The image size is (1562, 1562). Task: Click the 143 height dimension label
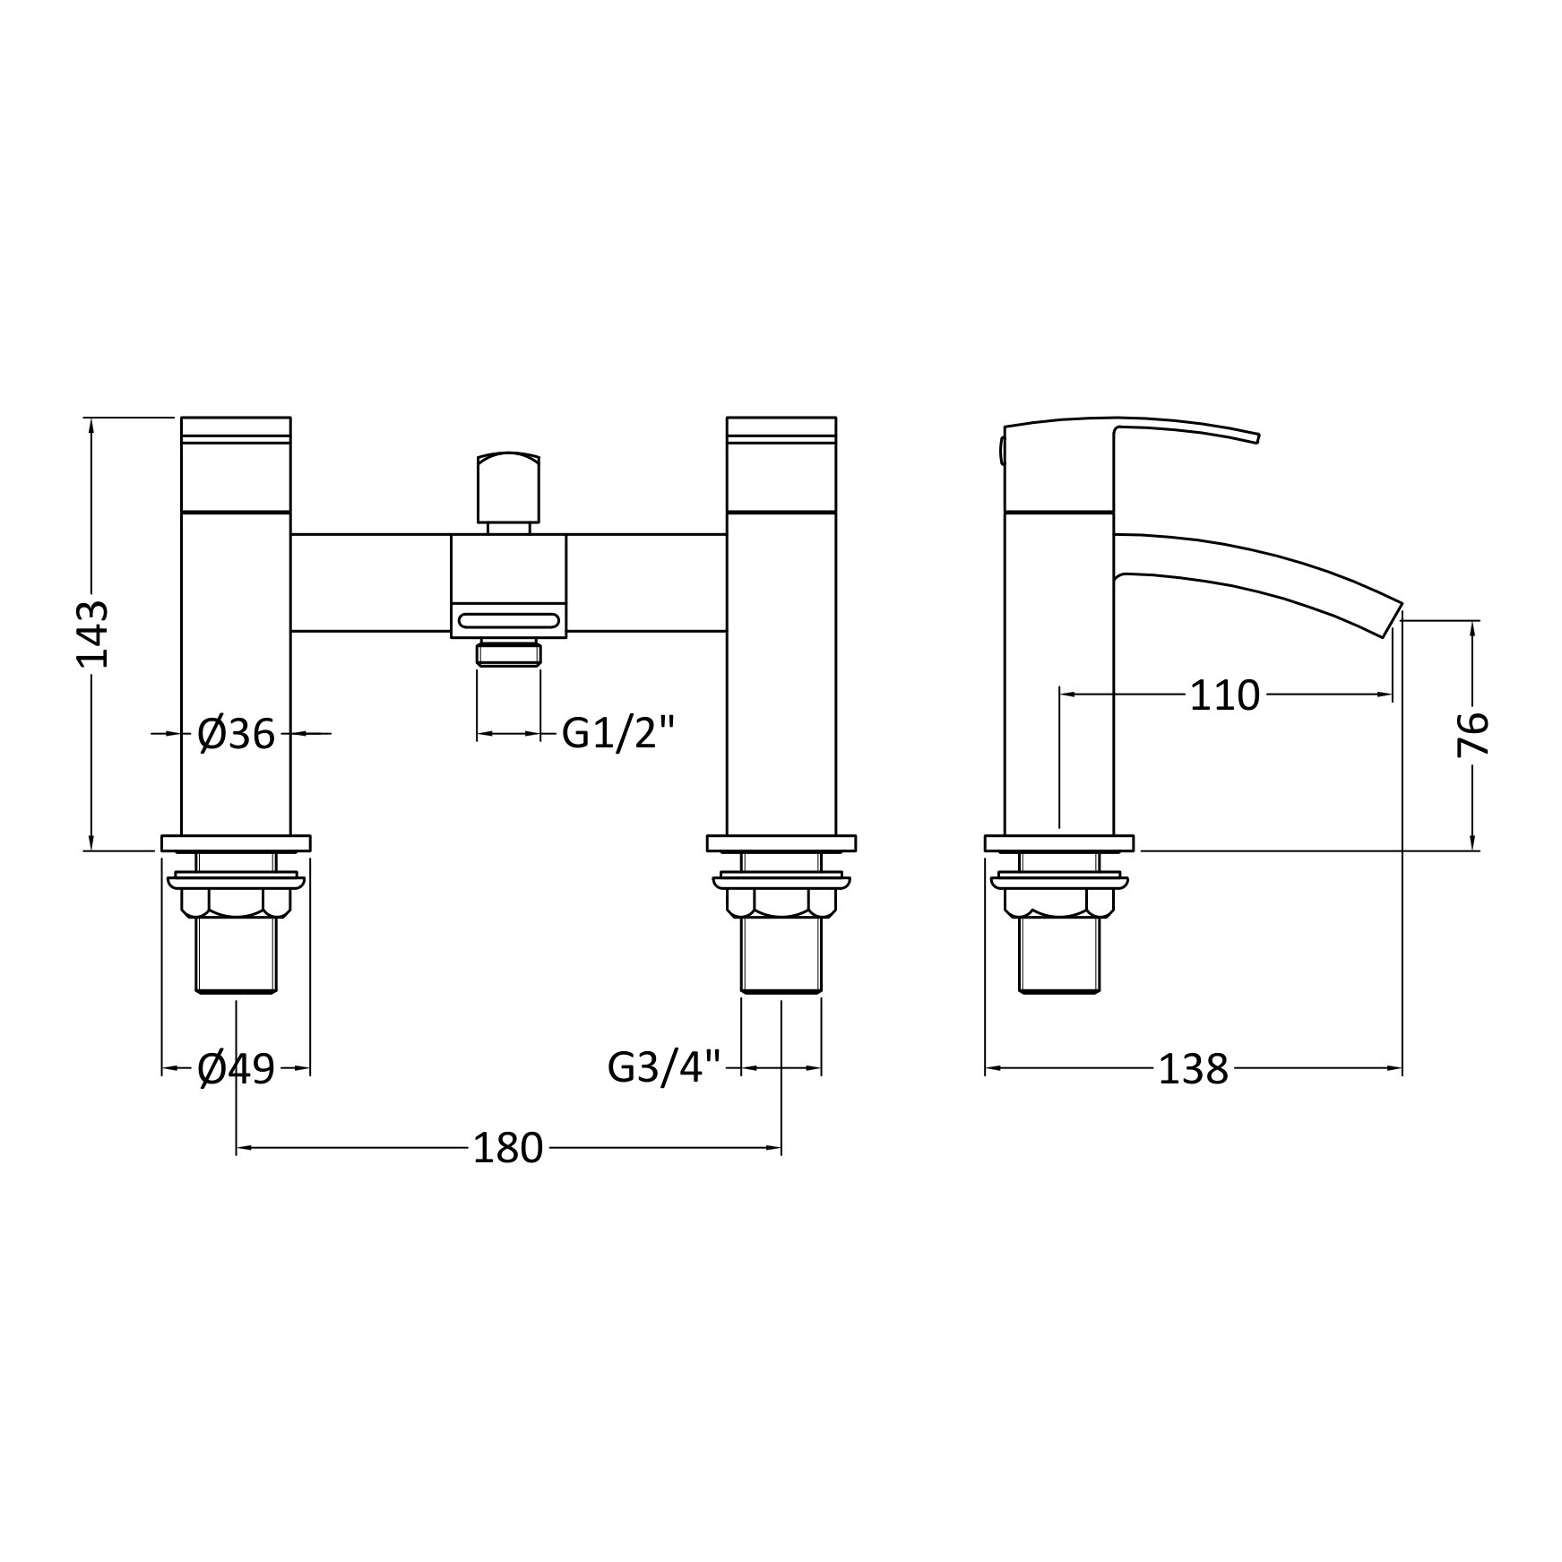point(92,634)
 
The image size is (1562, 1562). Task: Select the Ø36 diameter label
point(236,734)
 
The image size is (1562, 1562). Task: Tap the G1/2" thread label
point(617,734)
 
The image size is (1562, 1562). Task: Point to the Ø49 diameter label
point(236,1068)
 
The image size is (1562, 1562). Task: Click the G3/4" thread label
point(664,1067)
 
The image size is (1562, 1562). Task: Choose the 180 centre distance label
point(508,1148)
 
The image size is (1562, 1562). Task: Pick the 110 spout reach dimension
point(1224,695)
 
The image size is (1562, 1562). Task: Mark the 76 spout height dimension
point(1472,735)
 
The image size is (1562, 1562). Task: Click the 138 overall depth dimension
point(1193,1068)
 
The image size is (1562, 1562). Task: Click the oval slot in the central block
point(508,620)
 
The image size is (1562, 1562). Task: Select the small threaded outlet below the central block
point(508,653)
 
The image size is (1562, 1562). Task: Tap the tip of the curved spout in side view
point(1394,618)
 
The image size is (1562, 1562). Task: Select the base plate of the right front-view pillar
point(781,843)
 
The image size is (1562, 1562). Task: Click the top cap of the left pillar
point(236,427)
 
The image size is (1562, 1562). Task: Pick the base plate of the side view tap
point(1058,843)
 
